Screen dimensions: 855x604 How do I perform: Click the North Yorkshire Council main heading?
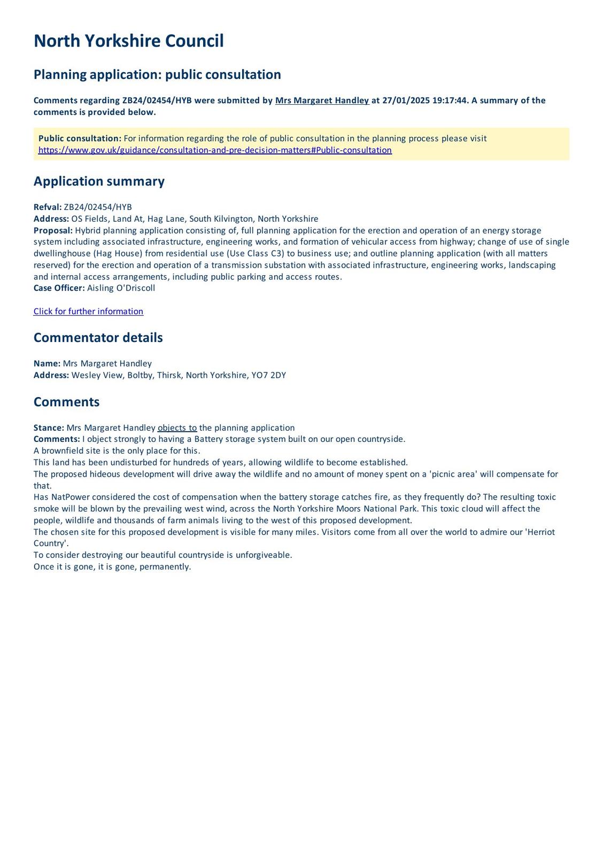pos(128,41)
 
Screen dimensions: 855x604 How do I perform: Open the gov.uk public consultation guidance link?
pos(215,150)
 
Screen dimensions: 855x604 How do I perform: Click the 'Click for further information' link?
pos(88,312)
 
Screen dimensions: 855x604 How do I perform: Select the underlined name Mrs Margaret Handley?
pos(322,100)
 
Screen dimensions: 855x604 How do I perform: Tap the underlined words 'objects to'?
pos(177,428)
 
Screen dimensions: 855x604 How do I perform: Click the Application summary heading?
pos(99,181)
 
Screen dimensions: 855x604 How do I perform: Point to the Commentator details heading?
pos(98,338)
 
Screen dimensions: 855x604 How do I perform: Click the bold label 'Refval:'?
pos(48,207)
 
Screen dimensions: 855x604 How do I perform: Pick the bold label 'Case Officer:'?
pos(59,288)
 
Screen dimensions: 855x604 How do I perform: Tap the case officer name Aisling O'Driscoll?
pos(121,288)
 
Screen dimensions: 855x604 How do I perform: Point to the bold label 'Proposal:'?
pos(53,230)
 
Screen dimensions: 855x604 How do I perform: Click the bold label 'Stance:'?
pos(49,428)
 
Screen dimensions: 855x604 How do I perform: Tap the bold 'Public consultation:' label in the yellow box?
pos(80,138)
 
